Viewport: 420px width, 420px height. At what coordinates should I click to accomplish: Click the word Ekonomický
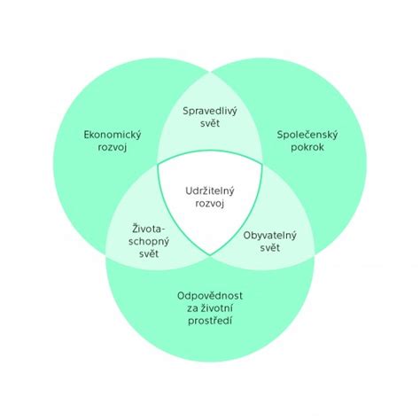click(113, 136)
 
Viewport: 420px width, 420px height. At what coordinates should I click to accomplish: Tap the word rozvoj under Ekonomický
click(113, 147)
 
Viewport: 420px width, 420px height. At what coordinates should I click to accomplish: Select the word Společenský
click(307, 136)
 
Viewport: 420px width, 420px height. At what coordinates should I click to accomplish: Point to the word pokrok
click(307, 147)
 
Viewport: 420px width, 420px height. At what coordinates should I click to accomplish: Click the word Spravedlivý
click(210, 112)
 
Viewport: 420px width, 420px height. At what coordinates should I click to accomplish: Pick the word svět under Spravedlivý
click(210, 123)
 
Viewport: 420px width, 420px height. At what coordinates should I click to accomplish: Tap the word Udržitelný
click(210, 191)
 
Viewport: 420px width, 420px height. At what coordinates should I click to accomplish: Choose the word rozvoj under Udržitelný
click(210, 204)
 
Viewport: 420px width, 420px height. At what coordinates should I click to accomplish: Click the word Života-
click(149, 229)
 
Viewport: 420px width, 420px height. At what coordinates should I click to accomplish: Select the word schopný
click(149, 242)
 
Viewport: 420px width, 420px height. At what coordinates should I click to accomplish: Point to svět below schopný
click(149, 253)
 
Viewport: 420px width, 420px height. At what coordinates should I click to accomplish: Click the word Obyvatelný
click(269, 236)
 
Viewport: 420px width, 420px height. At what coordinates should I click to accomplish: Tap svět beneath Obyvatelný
click(270, 247)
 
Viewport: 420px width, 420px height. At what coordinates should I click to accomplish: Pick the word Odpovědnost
click(210, 296)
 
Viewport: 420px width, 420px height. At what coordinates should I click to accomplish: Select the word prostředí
click(210, 321)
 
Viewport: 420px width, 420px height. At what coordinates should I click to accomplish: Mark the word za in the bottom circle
click(192, 309)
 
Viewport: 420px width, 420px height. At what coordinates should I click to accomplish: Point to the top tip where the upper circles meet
click(210, 72)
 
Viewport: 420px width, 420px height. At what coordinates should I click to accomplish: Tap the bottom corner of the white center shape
click(210, 255)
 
